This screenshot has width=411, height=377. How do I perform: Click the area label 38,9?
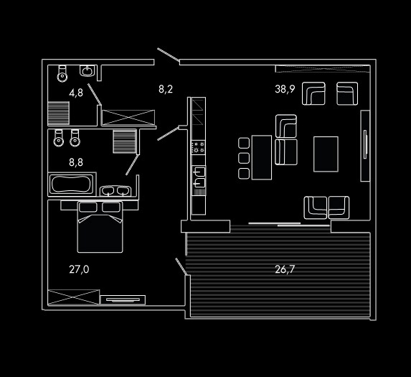click(285, 89)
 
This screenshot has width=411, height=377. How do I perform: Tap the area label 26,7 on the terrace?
click(285, 269)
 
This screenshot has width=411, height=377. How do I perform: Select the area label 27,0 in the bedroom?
click(79, 269)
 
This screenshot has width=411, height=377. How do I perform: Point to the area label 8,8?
click(76, 162)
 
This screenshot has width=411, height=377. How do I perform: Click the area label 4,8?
click(76, 93)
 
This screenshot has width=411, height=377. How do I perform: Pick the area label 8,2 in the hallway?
click(166, 89)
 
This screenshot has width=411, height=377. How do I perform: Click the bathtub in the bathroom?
click(71, 184)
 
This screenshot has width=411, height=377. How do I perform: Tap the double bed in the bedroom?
click(100, 227)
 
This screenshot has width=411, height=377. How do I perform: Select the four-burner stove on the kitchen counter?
click(198, 147)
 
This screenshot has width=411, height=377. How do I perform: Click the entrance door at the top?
click(169, 55)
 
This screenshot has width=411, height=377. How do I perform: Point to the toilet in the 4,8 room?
click(62, 73)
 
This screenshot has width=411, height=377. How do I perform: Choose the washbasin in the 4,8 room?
click(87, 71)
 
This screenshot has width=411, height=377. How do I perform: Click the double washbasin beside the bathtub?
click(115, 191)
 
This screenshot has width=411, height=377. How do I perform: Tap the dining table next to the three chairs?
click(262, 158)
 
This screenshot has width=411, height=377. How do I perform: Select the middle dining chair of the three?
click(244, 158)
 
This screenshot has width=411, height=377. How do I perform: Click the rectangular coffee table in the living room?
click(326, 154)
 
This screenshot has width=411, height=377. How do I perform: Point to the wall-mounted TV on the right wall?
click(365, 144)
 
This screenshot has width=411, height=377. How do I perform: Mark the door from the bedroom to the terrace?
click(181, 266)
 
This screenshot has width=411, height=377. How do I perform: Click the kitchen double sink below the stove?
click(199, 177)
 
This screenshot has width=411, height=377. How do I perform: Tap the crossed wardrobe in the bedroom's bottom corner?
click(74, 297)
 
